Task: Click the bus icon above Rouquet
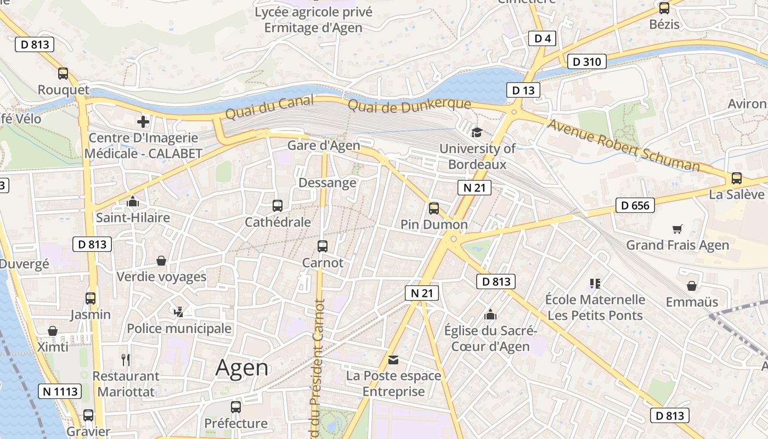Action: [x=63, y=73]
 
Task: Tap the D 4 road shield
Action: [x=542, y=38]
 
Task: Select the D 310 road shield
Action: [x=586, y=61]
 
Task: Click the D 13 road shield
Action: [x=523, y=90]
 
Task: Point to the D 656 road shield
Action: [x=635, y=206]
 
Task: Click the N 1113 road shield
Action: [x=60, y=391]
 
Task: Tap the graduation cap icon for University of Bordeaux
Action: [x=476, y=132]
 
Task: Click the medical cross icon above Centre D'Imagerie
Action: [x=144, y=121]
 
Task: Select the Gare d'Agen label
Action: [x=324, y=145]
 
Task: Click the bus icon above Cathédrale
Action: [x=278, y=206]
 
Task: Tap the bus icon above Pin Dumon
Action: [x=434, y=208]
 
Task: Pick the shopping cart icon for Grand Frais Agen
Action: [x=677, y=229]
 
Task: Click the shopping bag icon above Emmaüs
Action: [x=692, y=286]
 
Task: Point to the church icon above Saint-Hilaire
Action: [x=133, y=201]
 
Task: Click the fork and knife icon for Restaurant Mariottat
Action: [x=126, y=360]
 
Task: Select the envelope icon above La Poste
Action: [x=393, y=360]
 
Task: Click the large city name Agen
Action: [x=242, y=368]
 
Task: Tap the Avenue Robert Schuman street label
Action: [x=624, y=145]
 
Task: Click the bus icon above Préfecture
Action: [x=236, y=407]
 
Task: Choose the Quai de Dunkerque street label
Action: [x=409, y=104]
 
